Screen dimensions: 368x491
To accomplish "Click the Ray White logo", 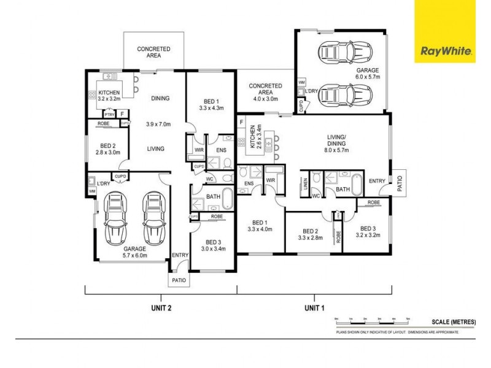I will tap(446, 52).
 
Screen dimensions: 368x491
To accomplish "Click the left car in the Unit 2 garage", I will tap(115, 218).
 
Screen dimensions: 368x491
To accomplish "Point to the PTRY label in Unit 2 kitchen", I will tap(110, 115).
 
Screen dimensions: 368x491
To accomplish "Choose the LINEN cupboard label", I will tap(306, 185).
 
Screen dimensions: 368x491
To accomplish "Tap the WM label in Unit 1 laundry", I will tap(301, 82).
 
